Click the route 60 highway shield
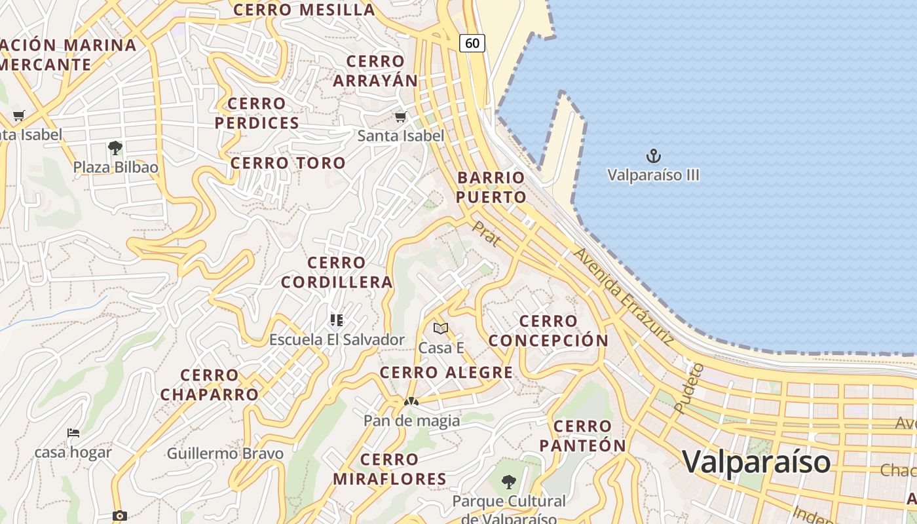coord(472,43)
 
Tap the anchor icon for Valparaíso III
coord(653,156)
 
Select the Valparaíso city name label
coord(757,462)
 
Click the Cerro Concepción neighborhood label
coord(548,331)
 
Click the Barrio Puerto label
coord(491,187)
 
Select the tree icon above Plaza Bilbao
coord(115,147)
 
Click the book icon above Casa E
coord(441,328)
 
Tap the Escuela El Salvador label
coord(337,340)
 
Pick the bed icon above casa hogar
coord(73,433)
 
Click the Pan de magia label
coord(411,421)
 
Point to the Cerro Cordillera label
coord(337,272)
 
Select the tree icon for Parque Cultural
coord(508,483)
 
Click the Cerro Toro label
coord(288,163)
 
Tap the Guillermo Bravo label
coord(225,453)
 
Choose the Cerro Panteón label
coord(582,436)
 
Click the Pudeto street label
coord(688,388)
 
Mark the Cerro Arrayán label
coord(375,71)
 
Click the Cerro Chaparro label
coord(210,385)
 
